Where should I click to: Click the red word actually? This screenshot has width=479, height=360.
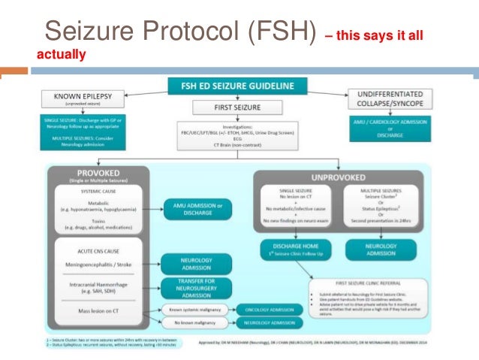point(62,55)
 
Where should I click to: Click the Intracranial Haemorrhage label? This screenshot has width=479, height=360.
point(101,283)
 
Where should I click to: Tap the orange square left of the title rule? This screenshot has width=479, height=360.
point(14,73)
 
